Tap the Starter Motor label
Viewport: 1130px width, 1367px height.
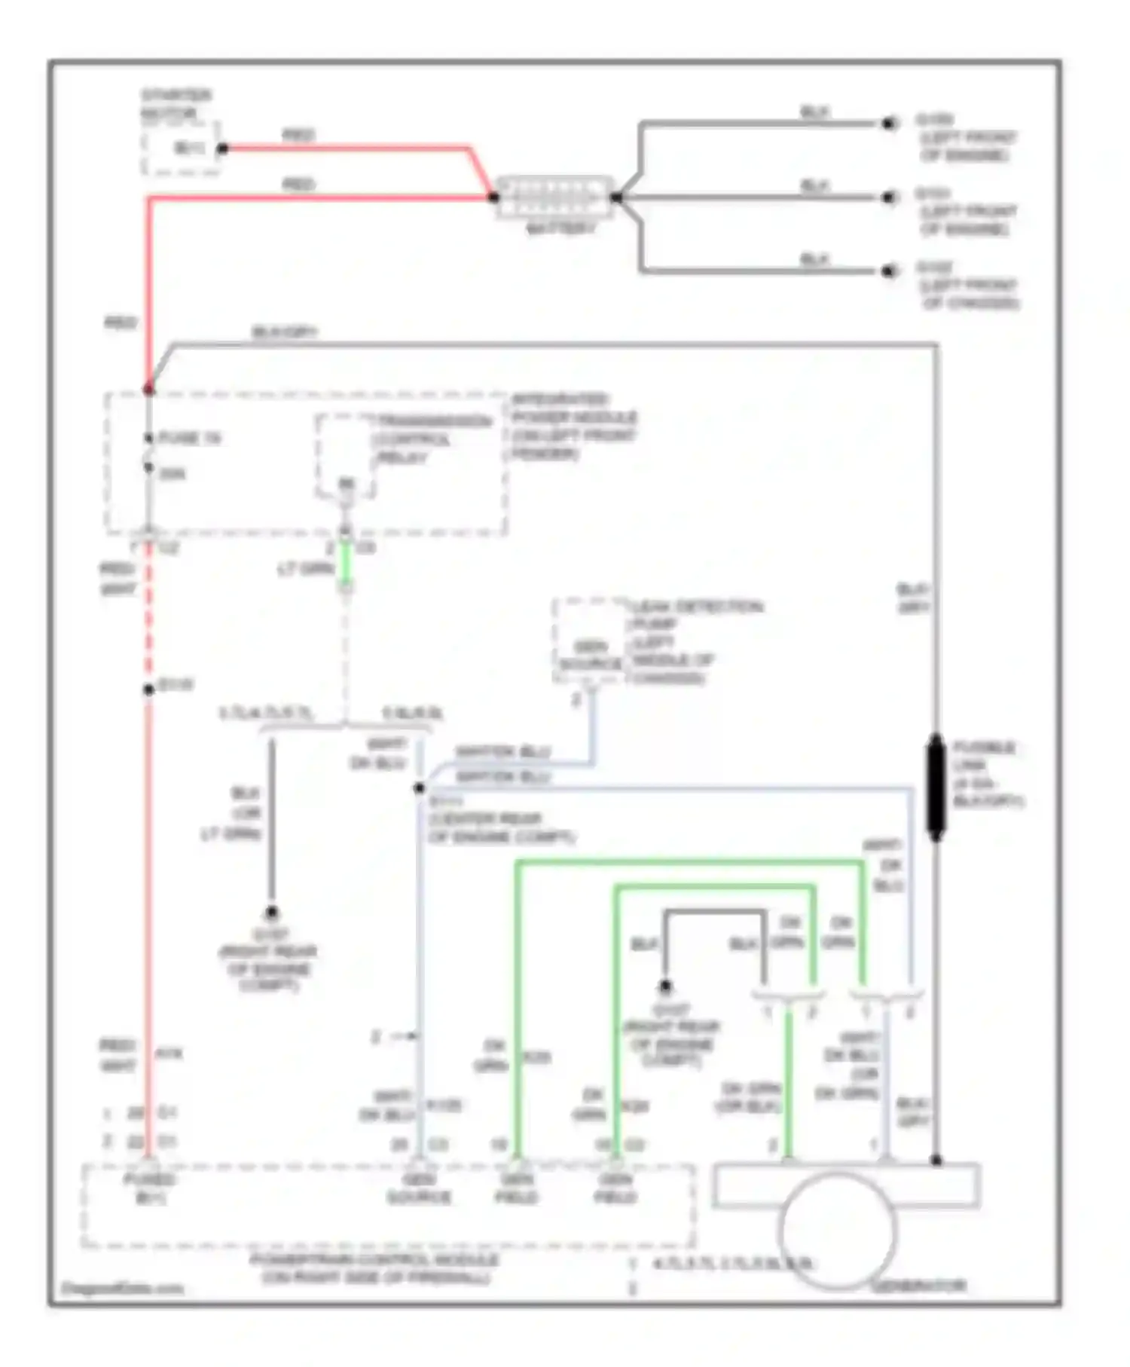176,104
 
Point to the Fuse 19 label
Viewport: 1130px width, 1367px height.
189,438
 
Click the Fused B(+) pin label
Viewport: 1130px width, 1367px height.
150,1188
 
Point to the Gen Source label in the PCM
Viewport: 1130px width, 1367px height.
419,1188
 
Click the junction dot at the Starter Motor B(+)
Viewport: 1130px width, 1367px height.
222,148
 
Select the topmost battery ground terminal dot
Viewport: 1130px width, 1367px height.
890,123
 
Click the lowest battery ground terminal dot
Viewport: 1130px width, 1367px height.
890,271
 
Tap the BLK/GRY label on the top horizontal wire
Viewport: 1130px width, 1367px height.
285,332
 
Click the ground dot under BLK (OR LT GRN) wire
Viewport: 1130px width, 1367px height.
271,913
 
